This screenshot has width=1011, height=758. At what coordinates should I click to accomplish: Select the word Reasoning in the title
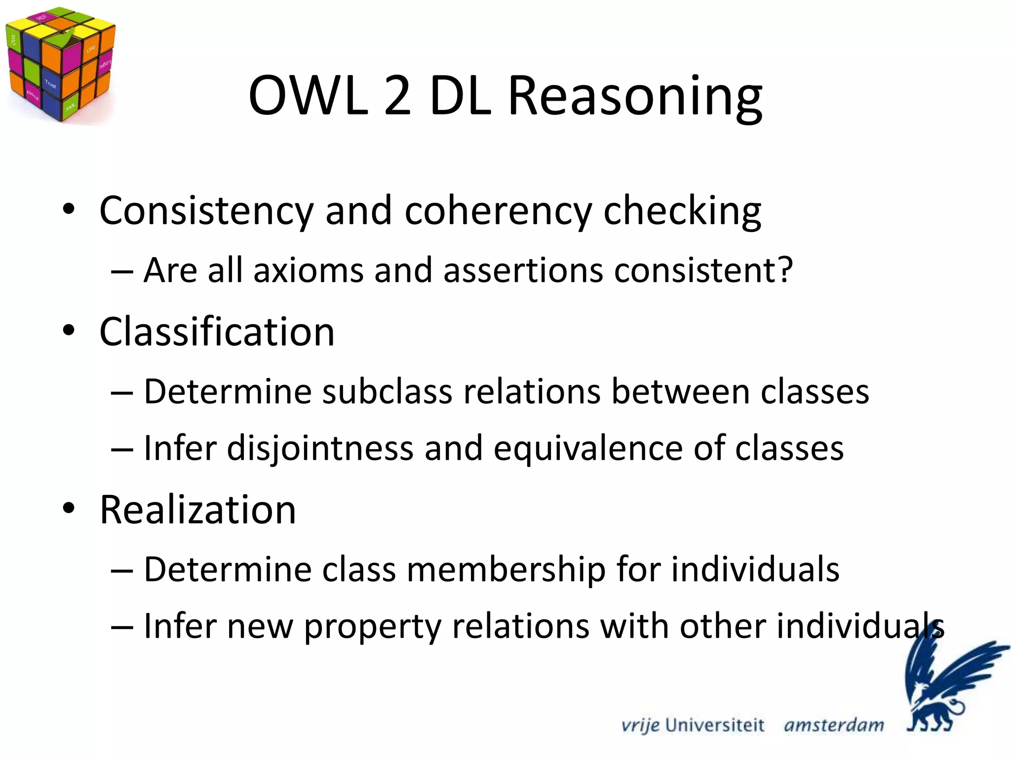(x=635, y=96)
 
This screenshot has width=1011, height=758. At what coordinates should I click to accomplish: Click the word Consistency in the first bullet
(x=206, y=211)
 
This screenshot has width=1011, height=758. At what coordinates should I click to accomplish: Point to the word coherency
(x=498, y=211)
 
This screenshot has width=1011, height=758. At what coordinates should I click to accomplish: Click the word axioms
(x=309, y=270)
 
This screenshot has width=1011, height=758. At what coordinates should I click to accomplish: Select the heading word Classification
(x=217, y=332)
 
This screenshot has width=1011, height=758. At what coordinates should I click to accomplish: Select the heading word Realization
(x=198, y=510)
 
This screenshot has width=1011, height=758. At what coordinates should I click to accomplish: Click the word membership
(x=506, y=570)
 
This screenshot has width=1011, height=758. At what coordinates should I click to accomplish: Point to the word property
(x=372, y=627)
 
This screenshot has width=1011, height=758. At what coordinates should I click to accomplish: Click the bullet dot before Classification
(x=69, y=331)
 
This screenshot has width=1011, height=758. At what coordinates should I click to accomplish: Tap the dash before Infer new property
(x=122, y=627)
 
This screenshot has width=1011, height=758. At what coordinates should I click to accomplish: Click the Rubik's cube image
(x=59, y=64)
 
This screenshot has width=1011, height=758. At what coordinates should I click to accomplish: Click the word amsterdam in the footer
(x=834, y=725)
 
